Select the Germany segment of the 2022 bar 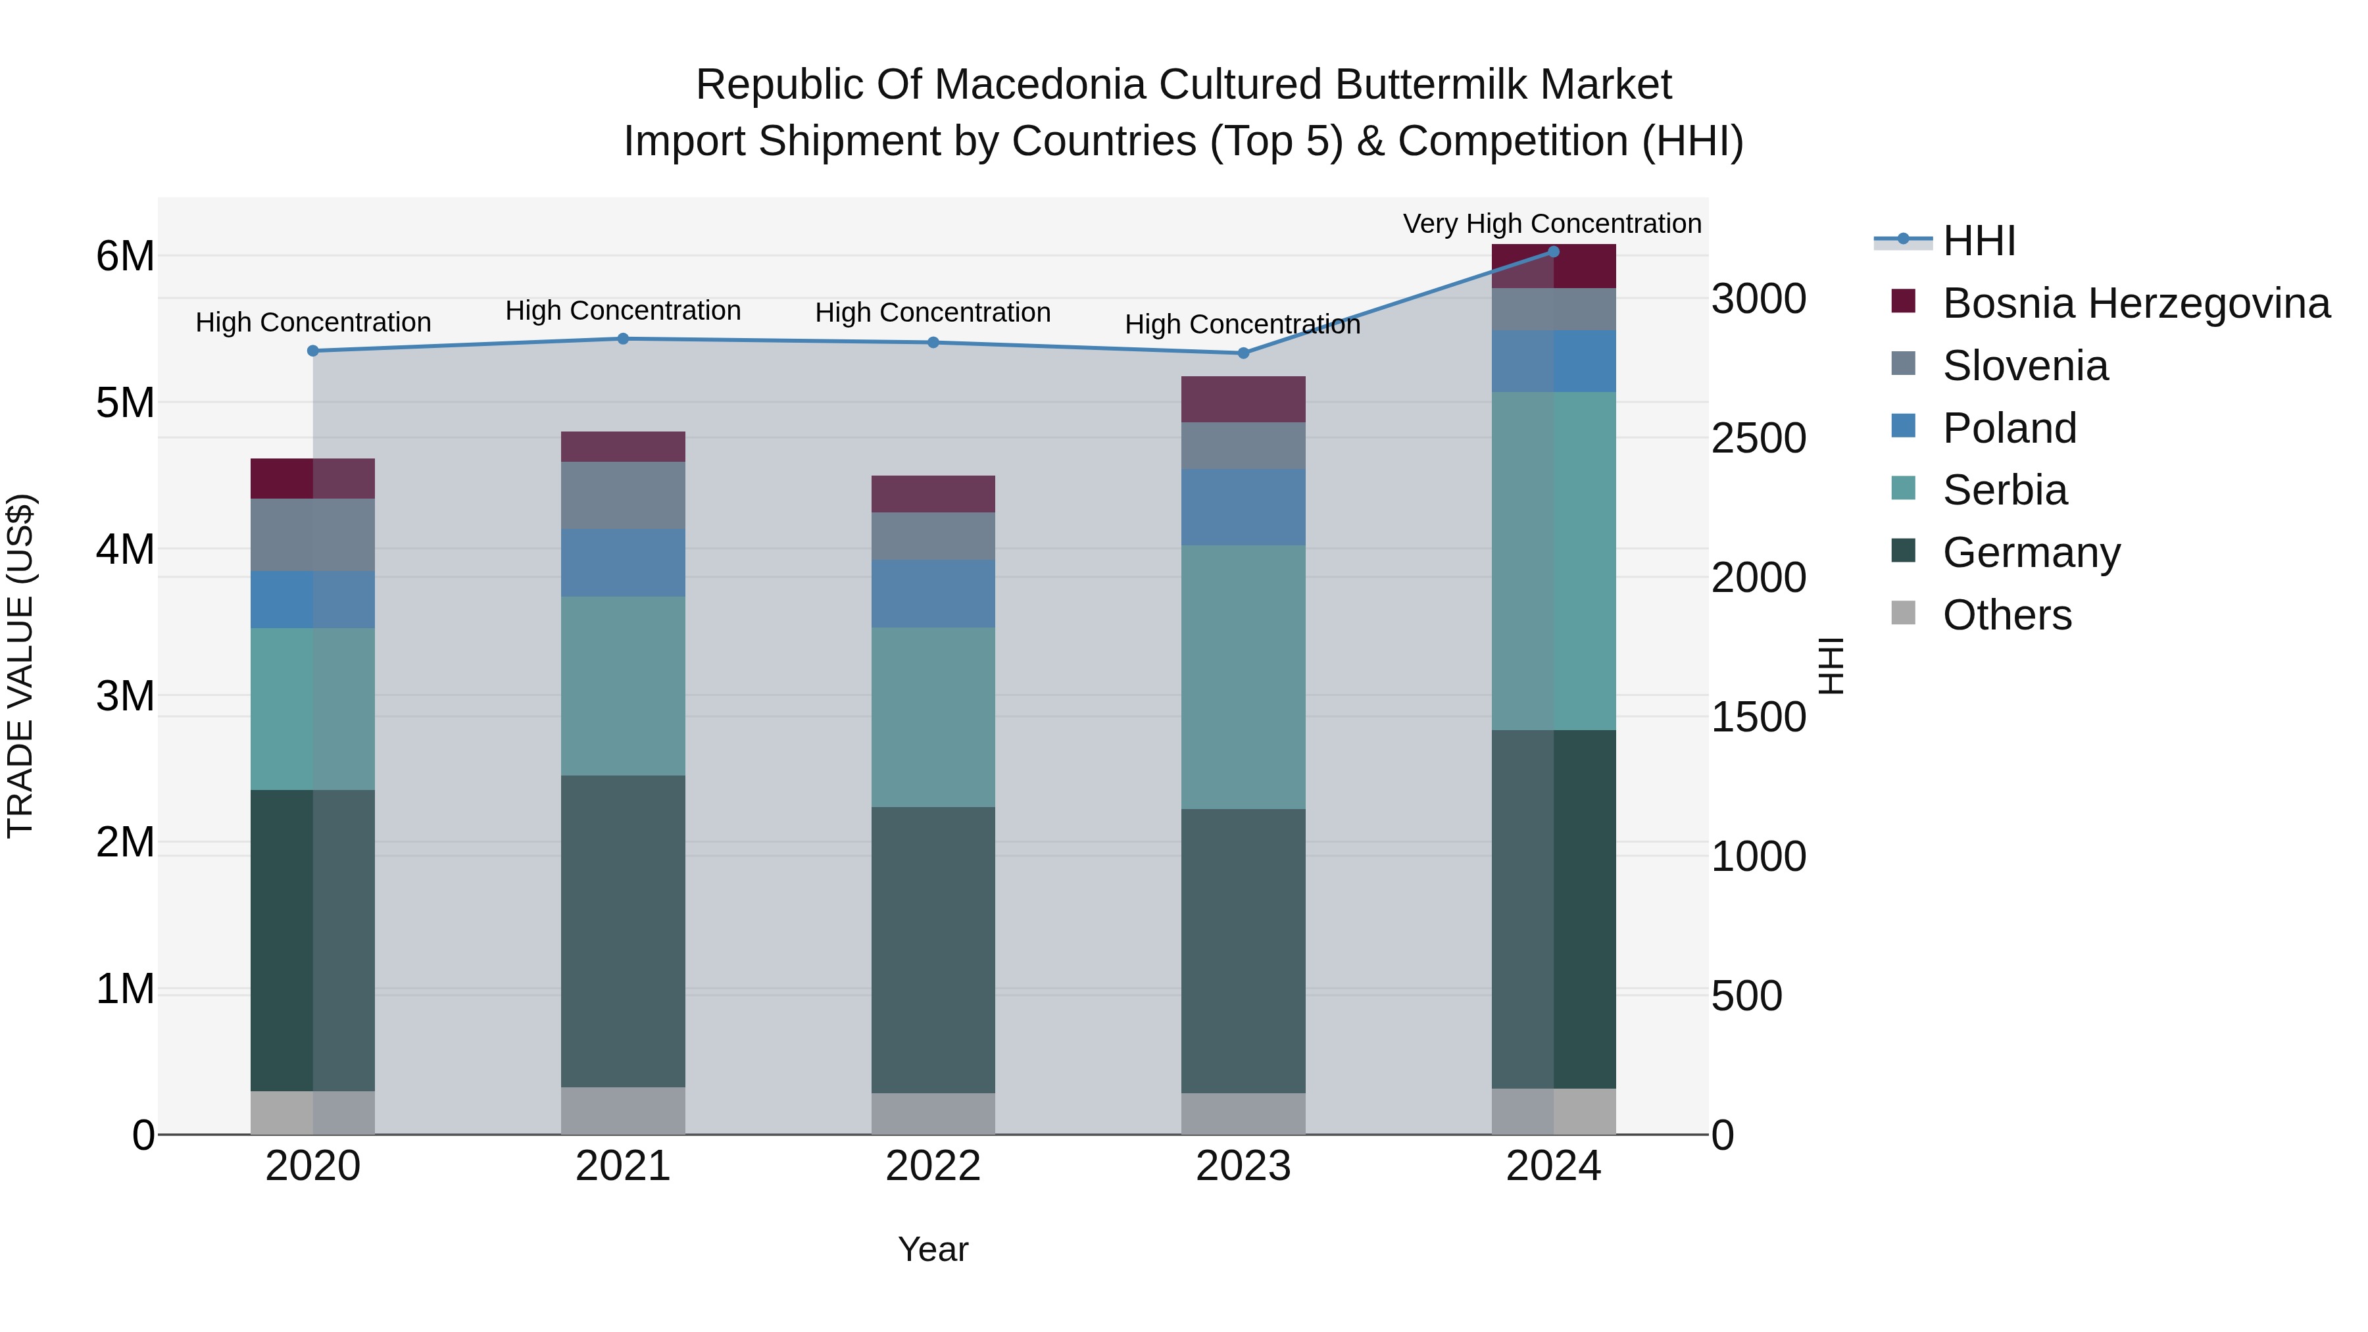coord(933,950)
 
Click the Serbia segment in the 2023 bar coord(1243,677)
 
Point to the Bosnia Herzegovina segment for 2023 coord(1243,399)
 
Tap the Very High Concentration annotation coord(1552,224)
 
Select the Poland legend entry coord(2009,428)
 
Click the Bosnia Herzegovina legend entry coord(2135,303)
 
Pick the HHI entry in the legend coord(1978,241)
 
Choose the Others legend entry coord(2007,615)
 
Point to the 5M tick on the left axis coord(125,403)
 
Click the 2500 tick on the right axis coord(1758,439)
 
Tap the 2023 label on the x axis coord(1243,1166)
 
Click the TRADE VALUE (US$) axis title coord(21,666)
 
